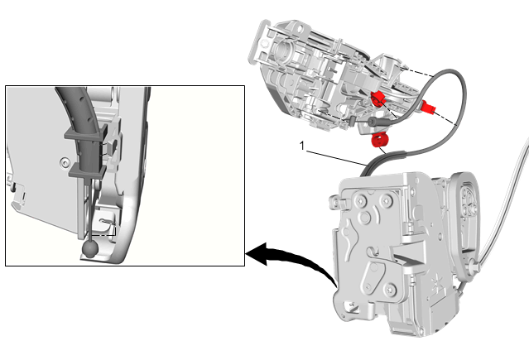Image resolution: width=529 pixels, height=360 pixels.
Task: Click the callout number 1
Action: pos(302,146)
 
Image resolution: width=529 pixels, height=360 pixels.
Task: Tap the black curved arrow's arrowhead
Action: pos(257,254)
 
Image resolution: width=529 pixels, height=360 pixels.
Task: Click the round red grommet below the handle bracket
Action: pos(379,140)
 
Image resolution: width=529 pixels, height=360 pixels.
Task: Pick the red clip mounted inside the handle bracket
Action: pos(378,98)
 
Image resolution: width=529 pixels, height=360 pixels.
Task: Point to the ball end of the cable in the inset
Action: pos(90,249)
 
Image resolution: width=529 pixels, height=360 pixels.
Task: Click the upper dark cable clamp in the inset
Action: pos(86,132)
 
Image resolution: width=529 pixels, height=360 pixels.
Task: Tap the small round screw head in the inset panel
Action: pos(64,163)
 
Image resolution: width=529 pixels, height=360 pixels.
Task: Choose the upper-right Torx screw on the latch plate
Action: pos(387,202)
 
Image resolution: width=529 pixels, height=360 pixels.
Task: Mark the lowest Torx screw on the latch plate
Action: pos(391,289)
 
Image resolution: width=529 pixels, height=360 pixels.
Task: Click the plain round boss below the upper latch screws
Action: pos(365,218)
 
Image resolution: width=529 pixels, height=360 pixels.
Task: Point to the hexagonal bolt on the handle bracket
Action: pos(265,43)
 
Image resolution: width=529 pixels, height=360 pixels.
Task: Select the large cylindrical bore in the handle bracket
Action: pos(283,50)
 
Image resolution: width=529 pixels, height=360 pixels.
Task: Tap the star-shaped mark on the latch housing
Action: pos(437,281)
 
